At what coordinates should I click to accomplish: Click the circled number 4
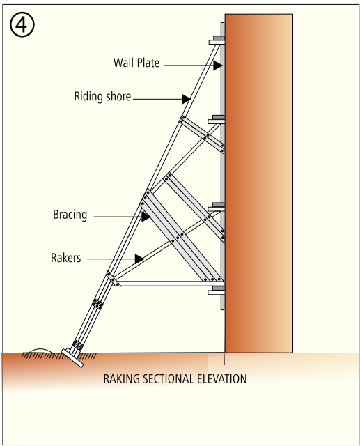(x=22, y=25)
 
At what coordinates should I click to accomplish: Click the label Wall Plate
(x=136, y=63)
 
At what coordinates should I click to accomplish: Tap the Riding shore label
(x=102, y=96)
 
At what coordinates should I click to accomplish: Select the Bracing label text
(x=70, y=215)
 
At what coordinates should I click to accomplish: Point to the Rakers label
(x=66, y=258)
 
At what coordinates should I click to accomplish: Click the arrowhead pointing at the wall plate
(x=218, y=66)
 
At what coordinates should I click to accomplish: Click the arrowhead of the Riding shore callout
(x=187, y=99)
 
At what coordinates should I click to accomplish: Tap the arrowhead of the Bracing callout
(x=146, y=217)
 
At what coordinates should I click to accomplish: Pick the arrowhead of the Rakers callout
(x=139, y=259)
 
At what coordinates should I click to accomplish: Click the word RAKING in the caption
(x=122, y=379)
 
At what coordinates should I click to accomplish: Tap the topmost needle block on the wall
(x=217, y=40)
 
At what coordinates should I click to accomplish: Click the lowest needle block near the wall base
(x=217, y=291)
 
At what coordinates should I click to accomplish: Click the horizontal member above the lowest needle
(x=169, y=284)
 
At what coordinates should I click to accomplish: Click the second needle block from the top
(x=217, y=120)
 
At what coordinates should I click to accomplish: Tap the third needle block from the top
(x=217, y=207)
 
